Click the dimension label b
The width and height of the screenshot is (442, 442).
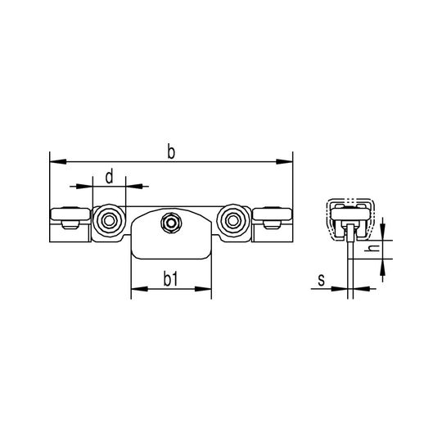(x=171, y=151)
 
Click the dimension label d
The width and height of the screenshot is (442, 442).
(x=110, y=177)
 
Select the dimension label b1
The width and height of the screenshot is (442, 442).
(x=171, y=279)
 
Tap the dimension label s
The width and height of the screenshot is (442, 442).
(x=322, y=281)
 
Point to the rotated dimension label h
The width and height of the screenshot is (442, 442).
(x=373, y=248)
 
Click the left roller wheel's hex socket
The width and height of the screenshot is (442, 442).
(x=109, y=221)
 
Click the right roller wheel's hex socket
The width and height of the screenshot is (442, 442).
(x=233, y=221)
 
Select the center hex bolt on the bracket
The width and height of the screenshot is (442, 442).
(x=171, y=223)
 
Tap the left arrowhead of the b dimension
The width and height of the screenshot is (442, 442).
(x=58, y=162)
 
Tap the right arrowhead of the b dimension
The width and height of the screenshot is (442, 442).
(x=284, y=162)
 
